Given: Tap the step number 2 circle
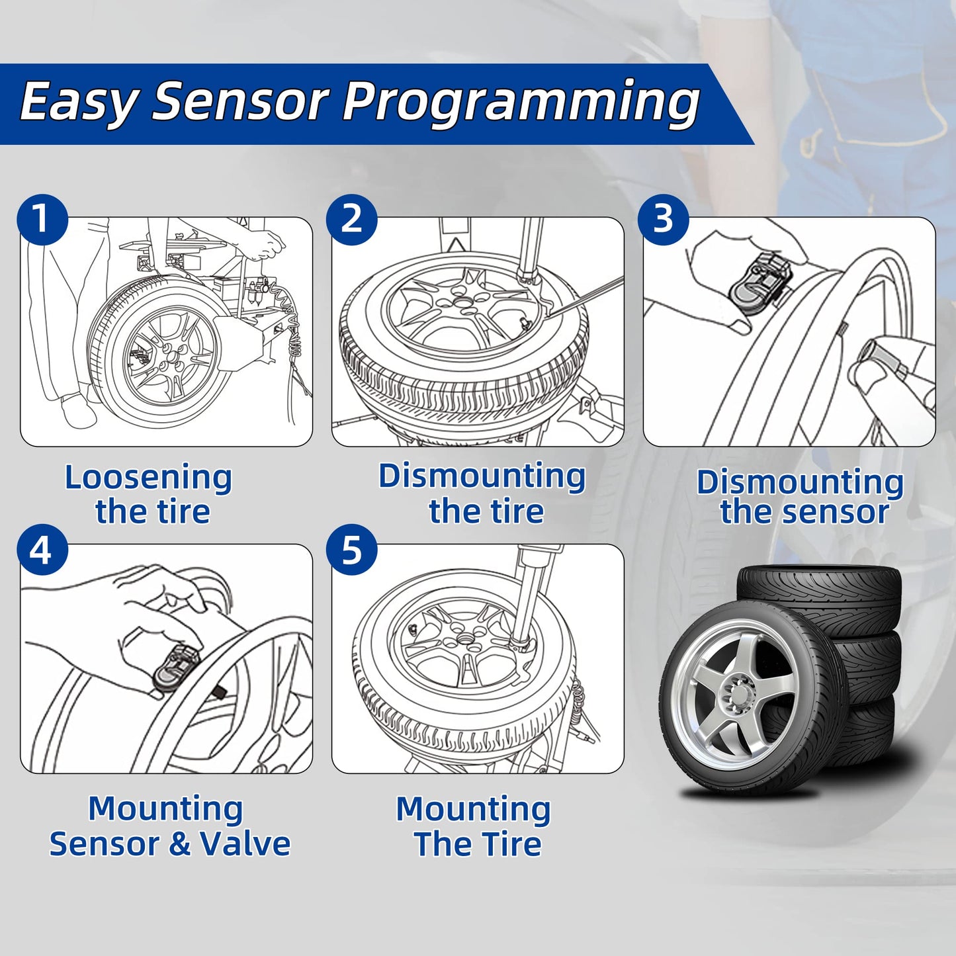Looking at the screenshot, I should [352, 220].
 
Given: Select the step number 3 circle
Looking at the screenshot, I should [664, 220].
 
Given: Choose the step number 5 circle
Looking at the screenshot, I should [352, 550].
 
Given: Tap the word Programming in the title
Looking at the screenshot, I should [521, 103].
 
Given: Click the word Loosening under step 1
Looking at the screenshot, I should [148, 478].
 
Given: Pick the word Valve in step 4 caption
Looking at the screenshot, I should [245, 844].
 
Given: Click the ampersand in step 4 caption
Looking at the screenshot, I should [179, 844].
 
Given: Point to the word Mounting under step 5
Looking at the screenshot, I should [473, 809].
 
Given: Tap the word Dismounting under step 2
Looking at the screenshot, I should [482, 476].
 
